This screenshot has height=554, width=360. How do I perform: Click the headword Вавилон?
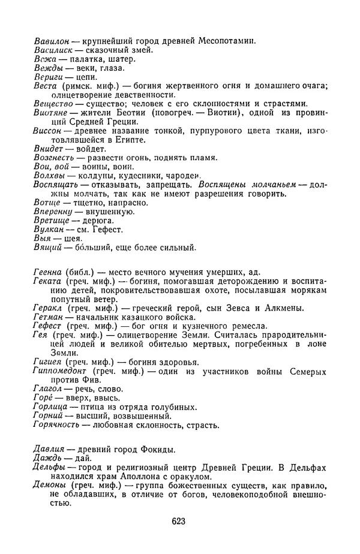[x=51, y=41]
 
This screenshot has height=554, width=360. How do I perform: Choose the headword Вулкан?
[x=48, y=228]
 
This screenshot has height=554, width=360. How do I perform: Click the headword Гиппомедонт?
[x=60, y=371]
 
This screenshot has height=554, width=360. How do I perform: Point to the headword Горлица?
[x=50, y=407]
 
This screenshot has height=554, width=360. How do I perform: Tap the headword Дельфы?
[x=49, y=468]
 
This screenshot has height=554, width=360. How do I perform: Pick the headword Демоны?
[x=49, y=486]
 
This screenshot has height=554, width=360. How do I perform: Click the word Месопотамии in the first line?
[x=227, y=41]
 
